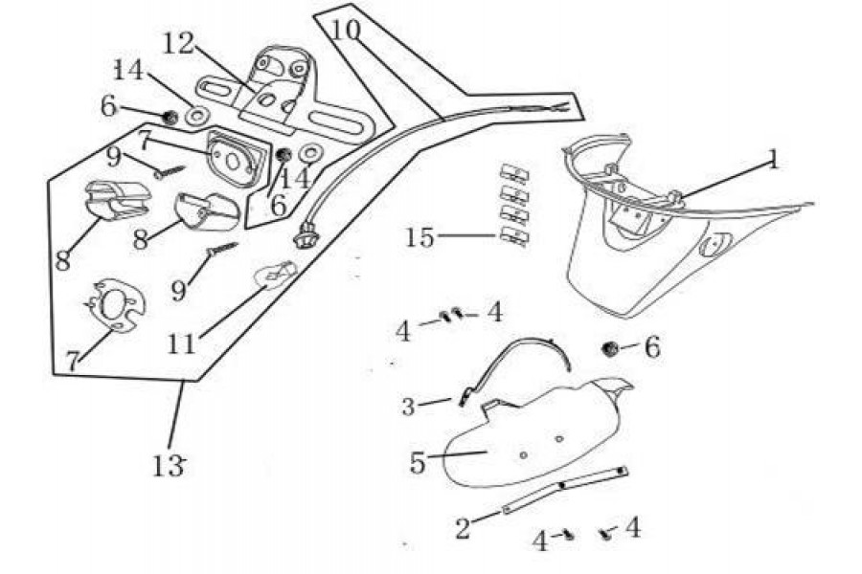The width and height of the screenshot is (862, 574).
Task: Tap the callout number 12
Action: pyautogui.click(x=179, y=43)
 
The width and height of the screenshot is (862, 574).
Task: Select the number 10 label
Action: pyautogui.click(x=345, y=30)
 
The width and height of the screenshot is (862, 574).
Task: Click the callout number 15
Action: pyautogui.click(x=419, y=236)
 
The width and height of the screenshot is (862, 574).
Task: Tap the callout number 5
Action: pyautogui.click(x=418, y=462)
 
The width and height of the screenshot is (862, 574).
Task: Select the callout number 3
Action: pyautogui.click(x=409, y=407)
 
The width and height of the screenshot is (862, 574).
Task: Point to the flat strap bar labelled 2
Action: pyautogui.click(x=565, y=489)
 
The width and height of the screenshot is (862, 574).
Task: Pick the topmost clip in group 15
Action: pyautogui.click(x=515, y=173)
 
